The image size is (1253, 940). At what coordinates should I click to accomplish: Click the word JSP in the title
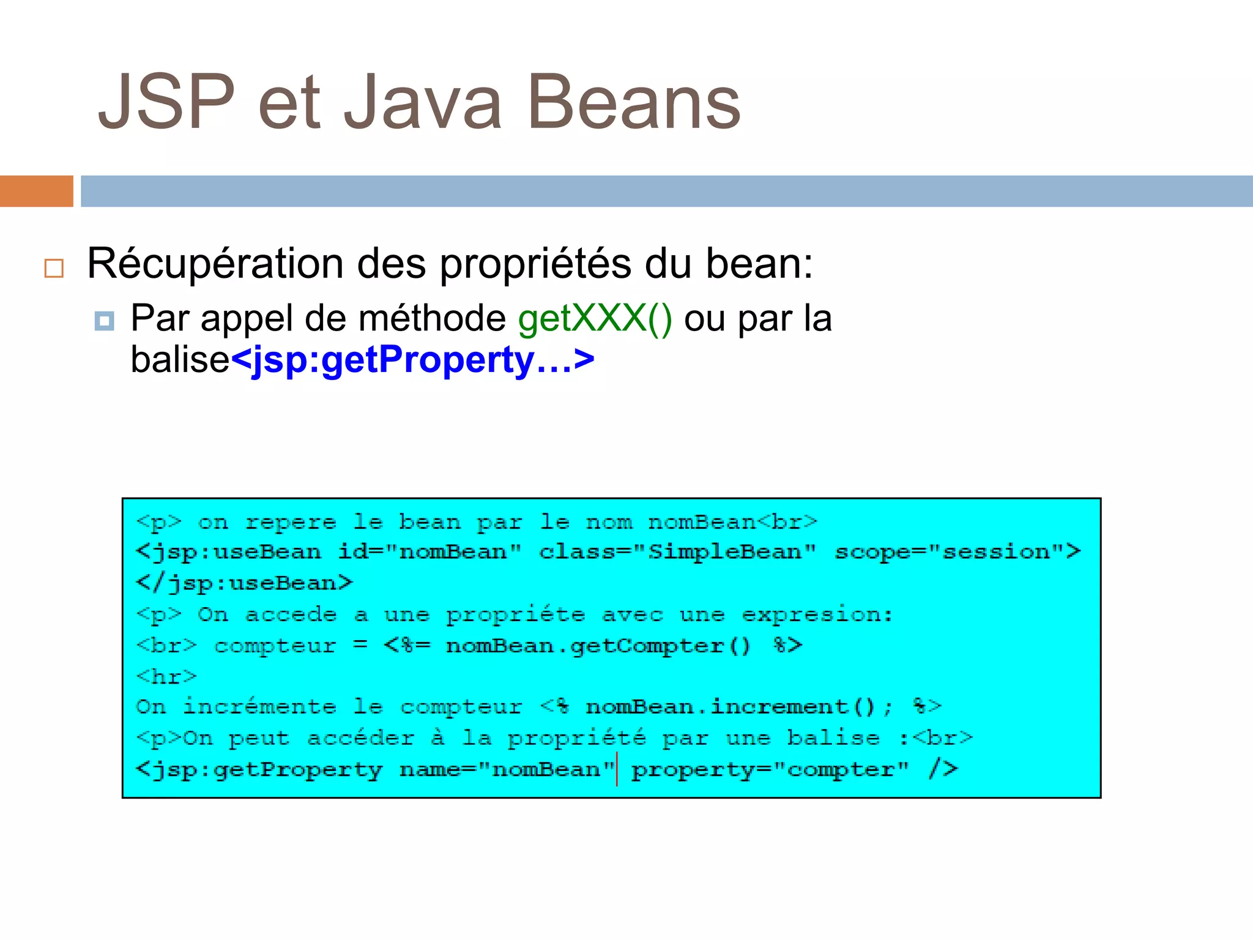click(166, 102)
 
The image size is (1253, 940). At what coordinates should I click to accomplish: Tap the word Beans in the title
click(634, 102)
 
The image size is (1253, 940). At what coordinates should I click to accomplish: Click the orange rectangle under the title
click(36, 191)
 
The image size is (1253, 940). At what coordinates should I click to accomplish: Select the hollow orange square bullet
click(54, 268)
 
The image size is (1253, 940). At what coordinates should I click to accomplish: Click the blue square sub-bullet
click(104, 321)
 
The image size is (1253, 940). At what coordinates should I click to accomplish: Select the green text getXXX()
click(595, 318)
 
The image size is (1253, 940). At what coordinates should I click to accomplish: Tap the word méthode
click(431, 318)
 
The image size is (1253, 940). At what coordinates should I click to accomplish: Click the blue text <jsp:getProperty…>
click(412, 360)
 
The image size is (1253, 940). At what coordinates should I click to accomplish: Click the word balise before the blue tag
click(180, 360)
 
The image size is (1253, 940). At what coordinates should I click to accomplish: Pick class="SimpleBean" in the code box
click(677, 552)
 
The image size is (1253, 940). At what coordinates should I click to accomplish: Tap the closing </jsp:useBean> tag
click(244, 583)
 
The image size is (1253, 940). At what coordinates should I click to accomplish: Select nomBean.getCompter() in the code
click(598, 646)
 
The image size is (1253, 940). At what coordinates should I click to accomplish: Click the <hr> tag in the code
click(166, 676)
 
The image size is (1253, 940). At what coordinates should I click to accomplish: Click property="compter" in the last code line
click(770, 769)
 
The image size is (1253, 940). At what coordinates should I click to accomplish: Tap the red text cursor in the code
click(617, 769)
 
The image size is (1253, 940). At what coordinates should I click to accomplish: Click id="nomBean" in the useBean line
click(429, 552)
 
